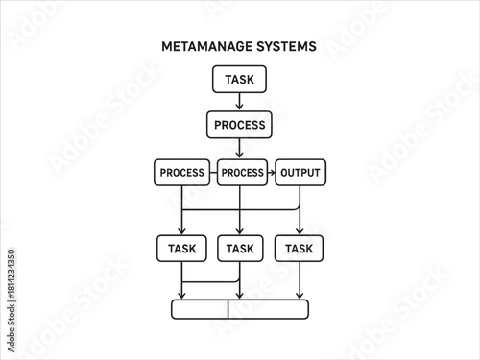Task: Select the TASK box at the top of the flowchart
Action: [239, 79]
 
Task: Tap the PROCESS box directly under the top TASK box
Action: [239, 125]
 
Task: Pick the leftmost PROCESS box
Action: [181, 173]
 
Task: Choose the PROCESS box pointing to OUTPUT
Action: [241, 173]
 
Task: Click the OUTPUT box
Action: [300, 173]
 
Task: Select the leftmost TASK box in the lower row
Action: [181, 249]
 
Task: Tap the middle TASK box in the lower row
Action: [239, 249]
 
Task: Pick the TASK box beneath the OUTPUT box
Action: [299, 249]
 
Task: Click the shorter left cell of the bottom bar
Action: [200, 309]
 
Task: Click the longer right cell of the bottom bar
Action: [269, 309]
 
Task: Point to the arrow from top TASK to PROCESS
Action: [239, 102]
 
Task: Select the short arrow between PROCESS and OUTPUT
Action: [271, 173]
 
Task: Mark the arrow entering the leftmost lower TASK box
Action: [181, 223]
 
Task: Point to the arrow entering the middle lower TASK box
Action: [239, 223]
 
